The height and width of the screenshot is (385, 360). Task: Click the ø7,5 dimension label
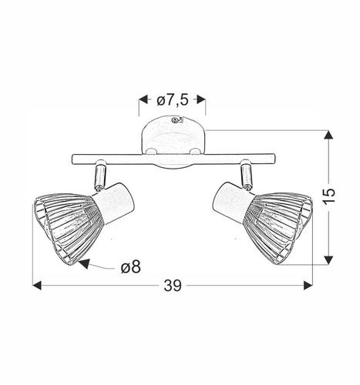[x=172, y=99]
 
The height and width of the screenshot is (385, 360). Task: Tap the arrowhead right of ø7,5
[x=202, y=99]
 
